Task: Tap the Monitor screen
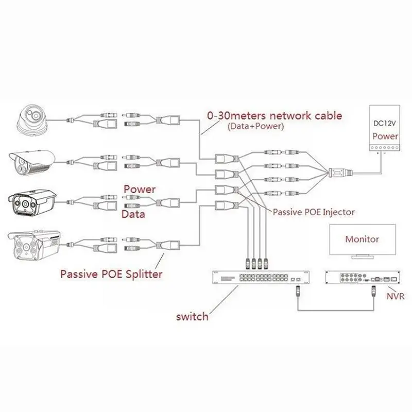pos(362,239)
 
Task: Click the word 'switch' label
pos(191,316)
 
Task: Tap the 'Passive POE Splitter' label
pos(111,273)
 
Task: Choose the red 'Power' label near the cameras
pos(139,190)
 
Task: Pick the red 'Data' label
pos(133,213)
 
